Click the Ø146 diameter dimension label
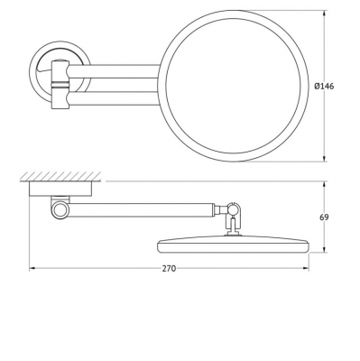pos(324,87)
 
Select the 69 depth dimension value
pos(324,217)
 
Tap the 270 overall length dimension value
pos(169,269)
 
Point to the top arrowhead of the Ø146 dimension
pos(324,14)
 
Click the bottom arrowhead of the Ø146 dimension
pos(324,158)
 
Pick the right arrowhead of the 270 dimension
pos(305,268)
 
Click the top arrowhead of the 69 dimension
pos(324,185)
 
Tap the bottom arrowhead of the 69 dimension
pos(324,249)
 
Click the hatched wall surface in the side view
pos(60,177)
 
